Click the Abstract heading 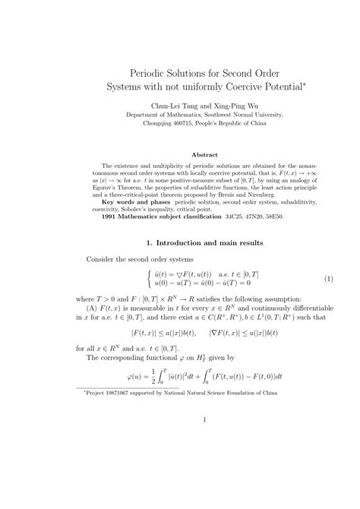pyautogui.click(x=183, y=153)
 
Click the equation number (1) pyautogui.click(x=308, y=279)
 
